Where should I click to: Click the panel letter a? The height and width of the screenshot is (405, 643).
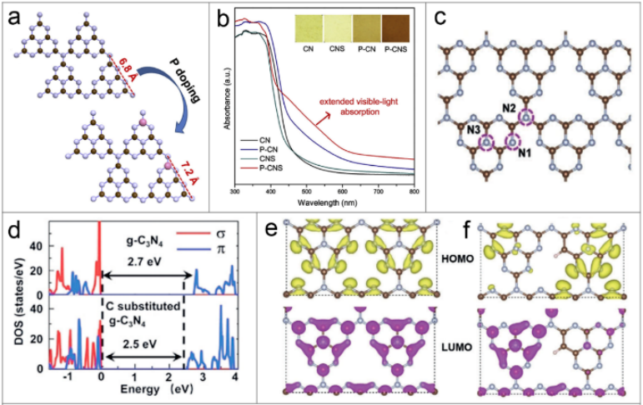tap(15, 18)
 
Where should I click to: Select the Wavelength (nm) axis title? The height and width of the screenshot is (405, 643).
tap(325, 202)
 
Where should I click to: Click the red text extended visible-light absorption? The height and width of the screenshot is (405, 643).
tap(370, 110)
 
